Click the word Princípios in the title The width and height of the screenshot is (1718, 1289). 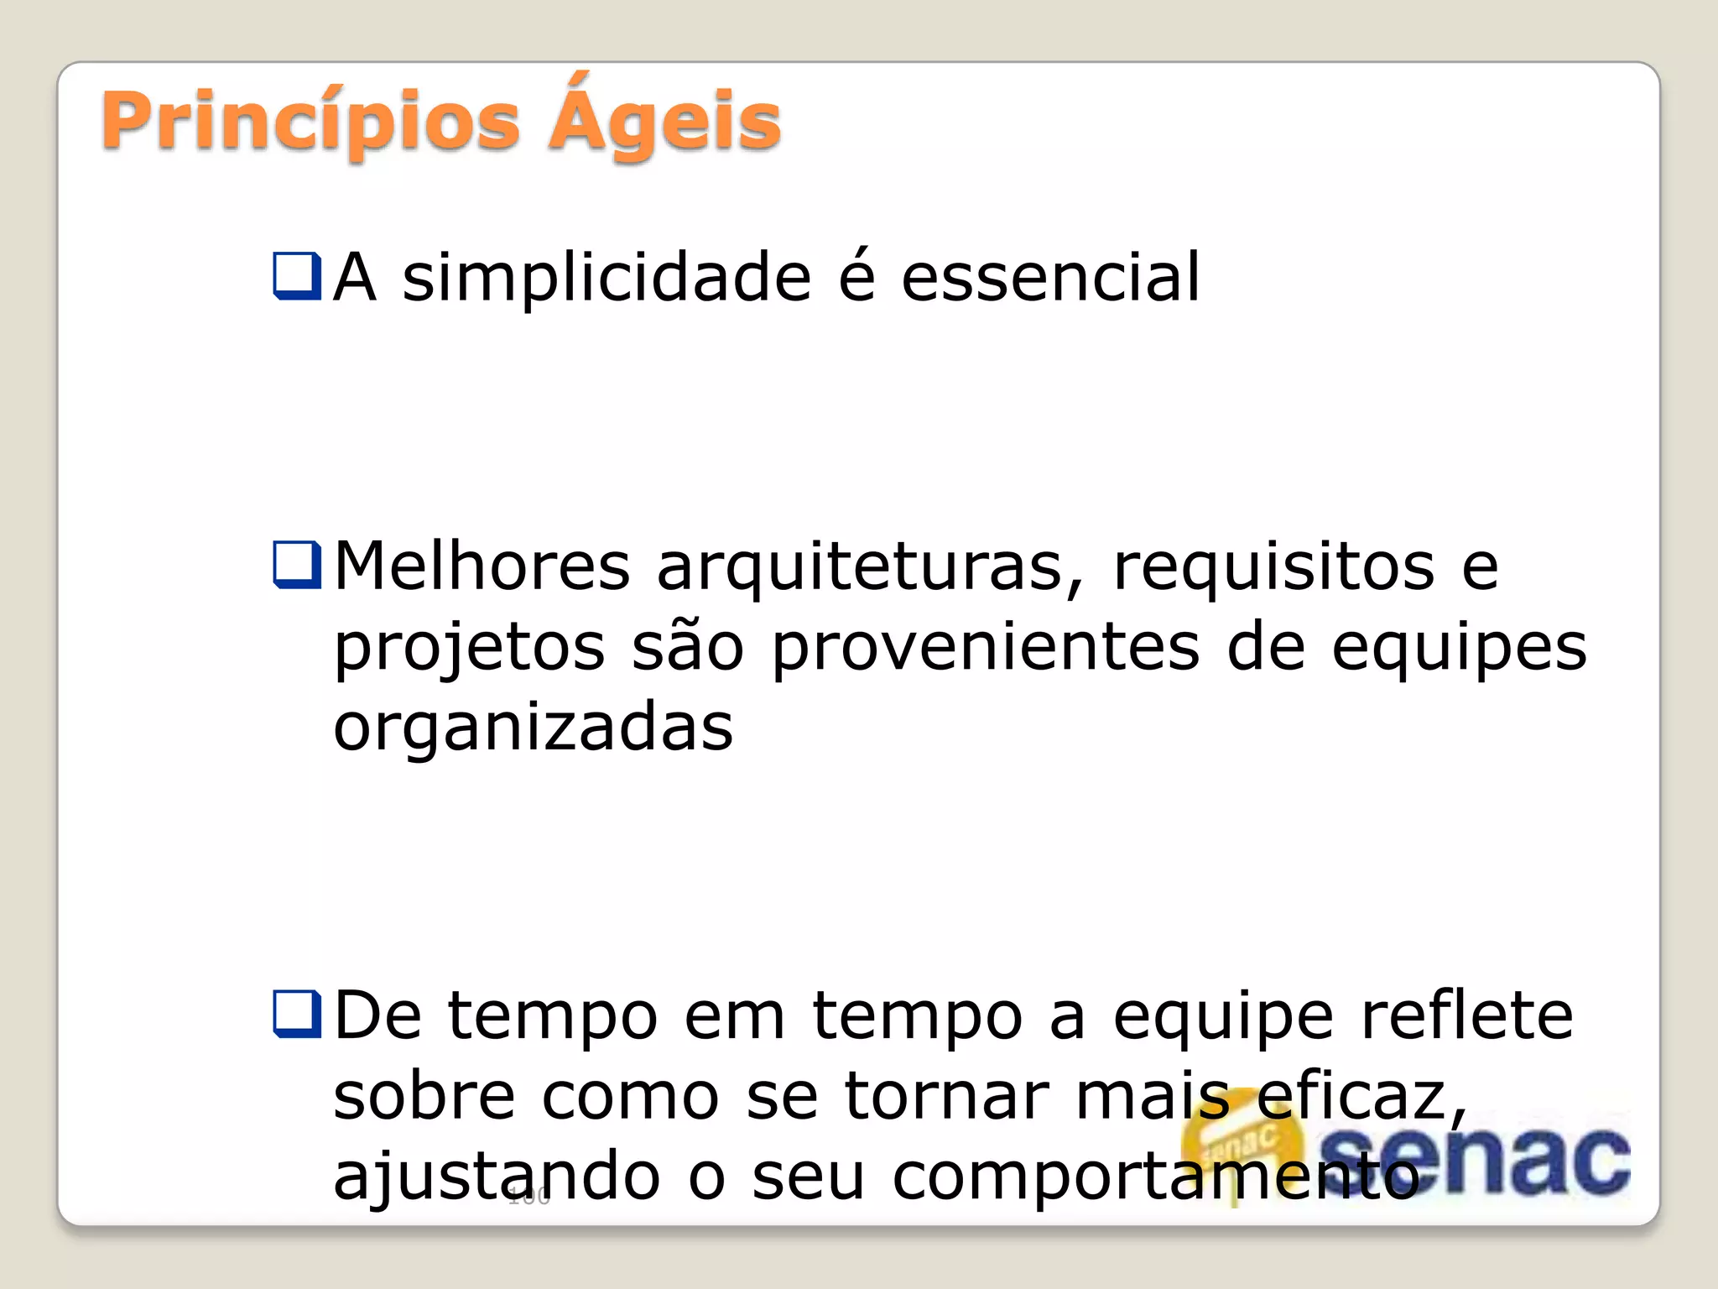[x=310, y=123]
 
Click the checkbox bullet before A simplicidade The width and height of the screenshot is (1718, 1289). [x=297, y=276]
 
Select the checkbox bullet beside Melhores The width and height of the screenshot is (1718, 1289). [x=297, y=565]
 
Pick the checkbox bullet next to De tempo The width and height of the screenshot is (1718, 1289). [x=297, y=1014]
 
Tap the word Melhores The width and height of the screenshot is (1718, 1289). [x=482, y=566]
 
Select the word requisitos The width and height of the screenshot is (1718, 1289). [x=1273, y=566]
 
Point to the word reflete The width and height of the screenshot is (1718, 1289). [x=1466, y=1015]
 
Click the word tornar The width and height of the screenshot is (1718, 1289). [x=946, y=1096]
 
